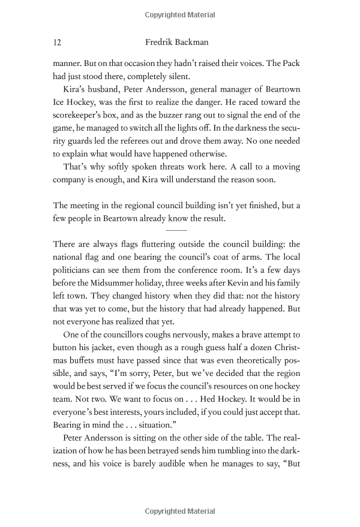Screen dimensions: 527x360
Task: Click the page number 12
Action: (58, 43)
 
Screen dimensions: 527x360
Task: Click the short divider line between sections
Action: (176, 230)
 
